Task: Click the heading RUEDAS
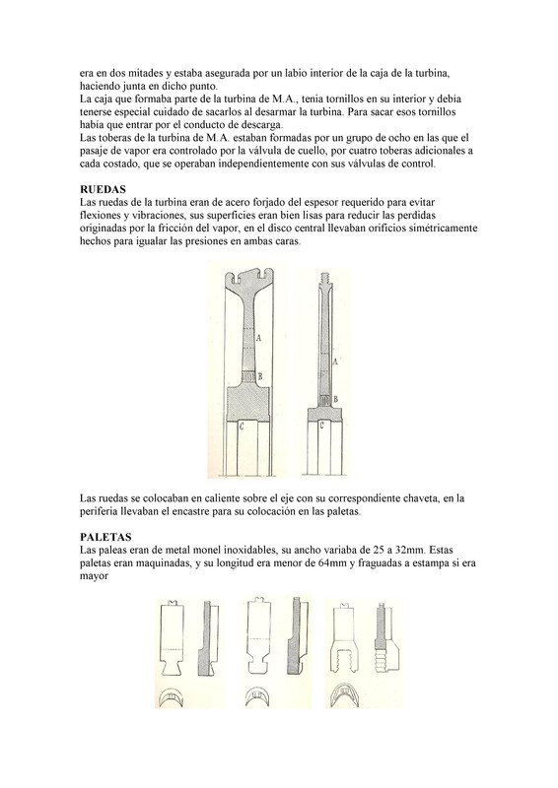[x=103, y=189]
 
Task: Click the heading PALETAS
[x=105, y=537]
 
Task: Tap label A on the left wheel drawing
[x=258, y=338]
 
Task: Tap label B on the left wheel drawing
[x=260, y=375]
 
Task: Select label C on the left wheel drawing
[x=242, y=427]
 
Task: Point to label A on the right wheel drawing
[x=335, y=361]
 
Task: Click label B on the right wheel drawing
[x=335, y=399]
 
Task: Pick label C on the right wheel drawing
[x=321, y=427]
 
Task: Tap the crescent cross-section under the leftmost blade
[x=172, y=697]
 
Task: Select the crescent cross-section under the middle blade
[x=258, y=696]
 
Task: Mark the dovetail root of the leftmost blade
[x=172, y=662]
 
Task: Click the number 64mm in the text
[x=332, y=562]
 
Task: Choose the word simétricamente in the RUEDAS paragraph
[x=444, y=229]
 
